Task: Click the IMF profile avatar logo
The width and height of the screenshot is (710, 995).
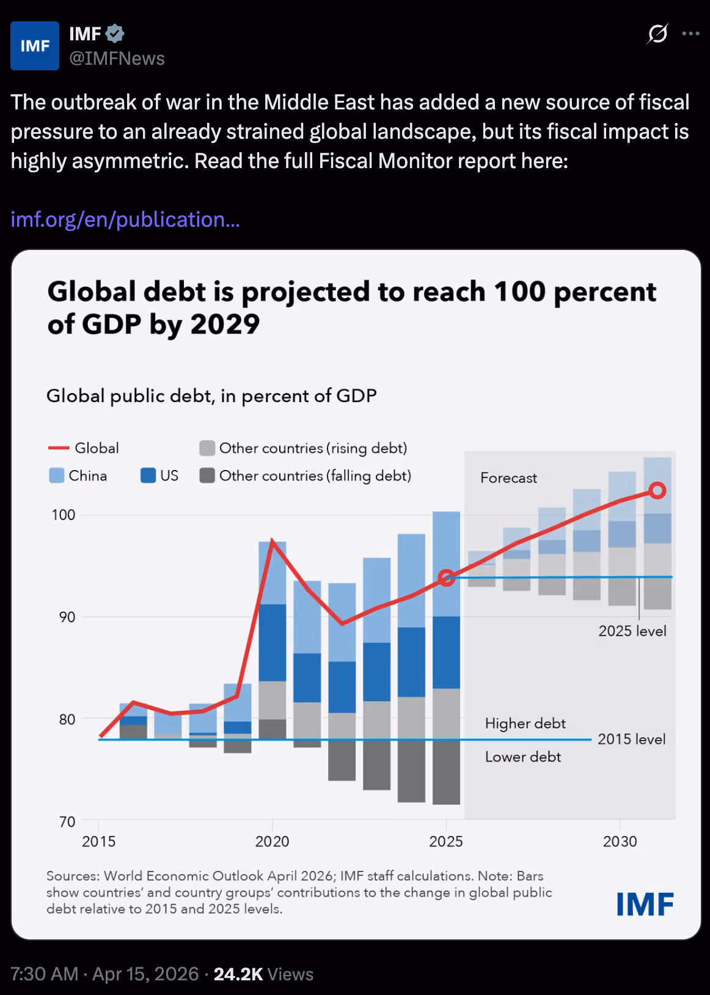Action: pos(35,46)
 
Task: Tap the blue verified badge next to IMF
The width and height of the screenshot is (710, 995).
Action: pos(115,34)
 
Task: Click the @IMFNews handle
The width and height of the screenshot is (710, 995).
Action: pos(117,59)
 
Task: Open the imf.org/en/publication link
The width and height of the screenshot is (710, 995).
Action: pos(125,219)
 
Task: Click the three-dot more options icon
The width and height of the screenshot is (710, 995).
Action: pos(690,34)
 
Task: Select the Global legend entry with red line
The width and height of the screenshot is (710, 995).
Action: pos(84,448)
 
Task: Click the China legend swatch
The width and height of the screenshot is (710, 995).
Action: pos(57,475)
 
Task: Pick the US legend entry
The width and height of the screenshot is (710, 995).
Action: pos(159,475)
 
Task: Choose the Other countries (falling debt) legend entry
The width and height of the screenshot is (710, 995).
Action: pos(306,475)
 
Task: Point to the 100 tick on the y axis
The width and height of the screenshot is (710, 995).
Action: pos(64,515)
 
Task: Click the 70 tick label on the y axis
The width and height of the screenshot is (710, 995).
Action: pos(67,821)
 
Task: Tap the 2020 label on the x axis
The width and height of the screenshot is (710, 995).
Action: pos(272,842)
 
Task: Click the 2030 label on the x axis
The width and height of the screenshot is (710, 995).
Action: pos(620,842)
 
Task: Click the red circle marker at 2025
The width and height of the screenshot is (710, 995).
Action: pos(447,578)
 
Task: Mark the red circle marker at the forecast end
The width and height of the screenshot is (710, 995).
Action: pos(657,490)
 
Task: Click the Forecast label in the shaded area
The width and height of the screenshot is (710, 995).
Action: pos(508,478)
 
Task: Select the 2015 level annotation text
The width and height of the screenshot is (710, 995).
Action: pos(631,739)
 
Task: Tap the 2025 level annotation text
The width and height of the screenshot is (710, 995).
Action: pos(632,631)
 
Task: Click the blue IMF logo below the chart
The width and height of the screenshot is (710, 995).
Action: pos(645,904)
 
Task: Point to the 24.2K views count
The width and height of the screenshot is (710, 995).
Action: pos(238,974)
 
